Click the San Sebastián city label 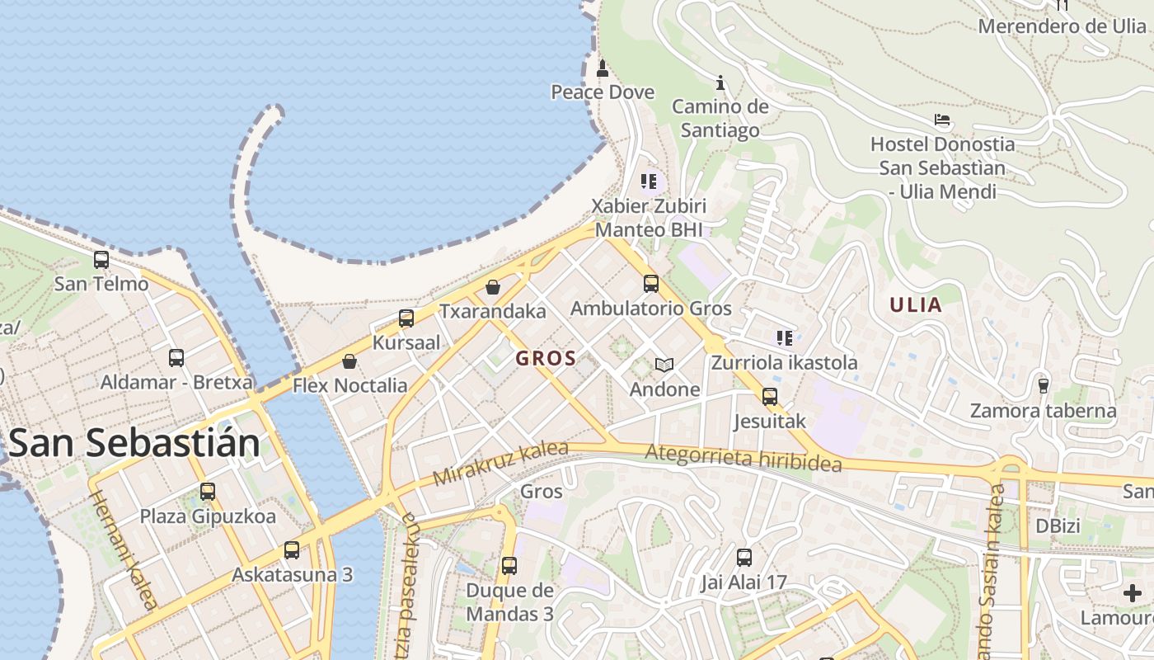click(x=134, y=444)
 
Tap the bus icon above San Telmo click(x=101, y=260)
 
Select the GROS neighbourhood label click(x=546, y=358)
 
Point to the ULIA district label click(x=915, y=304)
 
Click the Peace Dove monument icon click(x=603, y=68)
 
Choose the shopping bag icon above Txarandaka click(x=493, y=287)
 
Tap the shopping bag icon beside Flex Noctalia click(x=349, y=361)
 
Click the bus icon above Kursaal click(x=406, y=318)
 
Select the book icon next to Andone click(x=664, y=365)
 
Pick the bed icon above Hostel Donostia click(x=942, y=120)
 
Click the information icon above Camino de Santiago click(x=720, y=82)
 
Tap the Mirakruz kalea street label click(x=500, y=464)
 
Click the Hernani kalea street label click(x=123, y=549)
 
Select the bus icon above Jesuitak click(x=769, y=397)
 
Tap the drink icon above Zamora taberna click(x=1043, y=385)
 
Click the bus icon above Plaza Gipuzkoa click(x=207, y=492)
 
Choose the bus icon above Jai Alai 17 click(x=744, y=558)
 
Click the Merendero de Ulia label click(x=1062, y=26)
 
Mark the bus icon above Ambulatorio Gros click(x=651, y=284)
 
